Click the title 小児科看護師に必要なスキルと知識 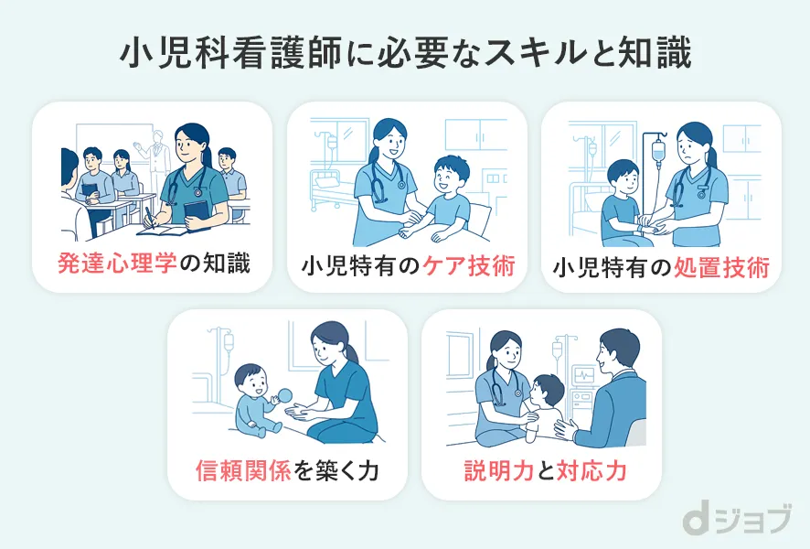[x=405, y=52]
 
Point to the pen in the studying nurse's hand [x=148, y=213]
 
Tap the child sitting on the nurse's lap [x=547, y=407]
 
